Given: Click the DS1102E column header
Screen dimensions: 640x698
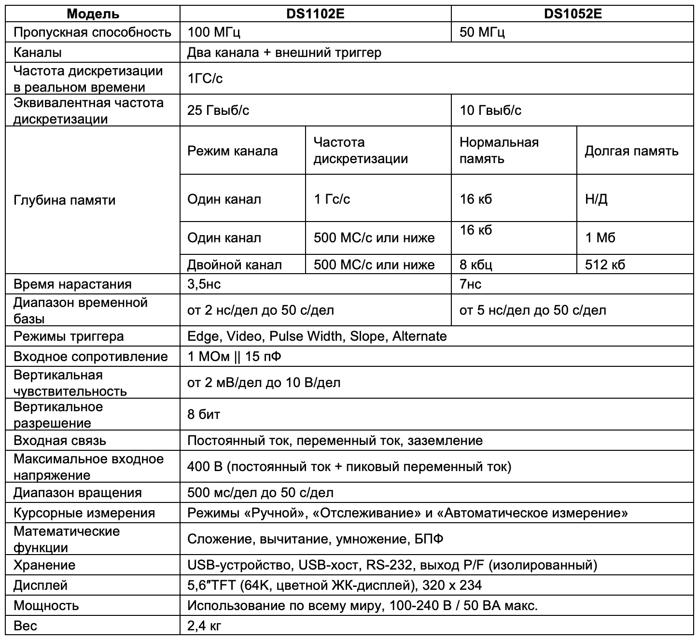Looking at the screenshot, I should coord(315,14).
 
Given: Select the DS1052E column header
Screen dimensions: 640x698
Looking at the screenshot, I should coord(572,14).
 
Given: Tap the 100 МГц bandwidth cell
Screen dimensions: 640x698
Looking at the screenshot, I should coord(214,32).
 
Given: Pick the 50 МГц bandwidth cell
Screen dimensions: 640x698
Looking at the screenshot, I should coord(482,32).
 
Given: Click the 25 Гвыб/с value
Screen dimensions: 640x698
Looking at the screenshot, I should coord(218,110).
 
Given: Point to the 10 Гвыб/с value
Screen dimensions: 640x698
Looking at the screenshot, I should coord(490,110).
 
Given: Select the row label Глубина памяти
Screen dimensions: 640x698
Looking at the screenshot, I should coord(65,200).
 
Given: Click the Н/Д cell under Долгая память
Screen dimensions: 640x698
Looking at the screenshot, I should coord(596,199).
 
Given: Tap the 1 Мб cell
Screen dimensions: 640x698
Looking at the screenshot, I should coord(600,237).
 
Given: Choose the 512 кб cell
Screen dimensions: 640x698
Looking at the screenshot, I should coord(605,264).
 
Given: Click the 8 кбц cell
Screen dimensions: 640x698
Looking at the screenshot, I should coord(476,264).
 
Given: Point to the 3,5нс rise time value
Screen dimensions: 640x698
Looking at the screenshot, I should coord(204,284).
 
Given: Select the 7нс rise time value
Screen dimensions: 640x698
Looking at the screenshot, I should coord(470,284).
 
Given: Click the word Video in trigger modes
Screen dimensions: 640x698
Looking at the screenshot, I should coord(243,336).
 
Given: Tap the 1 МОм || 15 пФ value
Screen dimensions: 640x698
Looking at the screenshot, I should coord(234,356).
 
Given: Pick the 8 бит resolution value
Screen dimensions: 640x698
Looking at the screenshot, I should coord(204,414).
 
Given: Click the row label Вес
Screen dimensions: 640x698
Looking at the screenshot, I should coord(25,626).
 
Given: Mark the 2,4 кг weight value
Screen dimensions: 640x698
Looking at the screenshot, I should coord(204,626).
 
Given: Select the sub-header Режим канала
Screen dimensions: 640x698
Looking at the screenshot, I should coord(232,151).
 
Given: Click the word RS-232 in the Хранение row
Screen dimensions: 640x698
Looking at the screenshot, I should coord(389,565).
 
